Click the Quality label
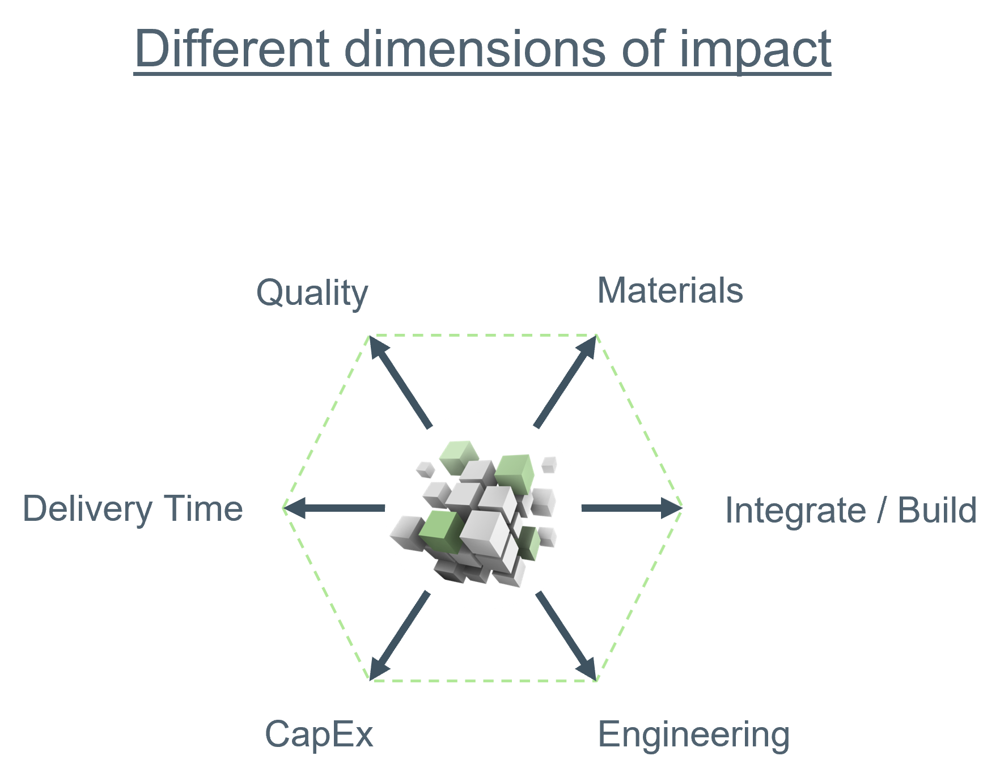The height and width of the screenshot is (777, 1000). point(312,294)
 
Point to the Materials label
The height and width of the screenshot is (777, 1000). point(670,291)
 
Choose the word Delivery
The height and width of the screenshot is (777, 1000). point(87,509)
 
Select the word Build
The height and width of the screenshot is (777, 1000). point(937,510)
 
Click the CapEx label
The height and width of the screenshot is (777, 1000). point(319,735)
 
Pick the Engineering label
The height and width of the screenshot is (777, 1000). point(694,736)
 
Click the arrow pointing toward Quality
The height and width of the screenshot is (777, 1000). point(400,381)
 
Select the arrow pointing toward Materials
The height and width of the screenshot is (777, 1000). point(565,381)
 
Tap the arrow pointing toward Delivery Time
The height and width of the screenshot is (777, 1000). point(334,508)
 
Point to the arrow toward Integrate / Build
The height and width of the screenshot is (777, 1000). point(632,508)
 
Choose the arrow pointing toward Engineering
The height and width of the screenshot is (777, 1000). point(566,635)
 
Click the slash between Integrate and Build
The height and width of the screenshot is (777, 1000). point(882,510)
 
